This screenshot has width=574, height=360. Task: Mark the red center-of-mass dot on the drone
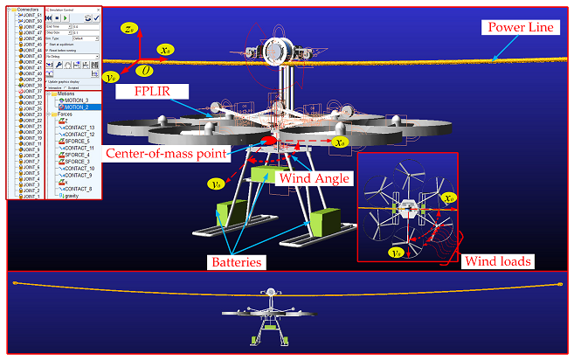point(270,139)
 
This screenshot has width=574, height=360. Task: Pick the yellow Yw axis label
point(111,77)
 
